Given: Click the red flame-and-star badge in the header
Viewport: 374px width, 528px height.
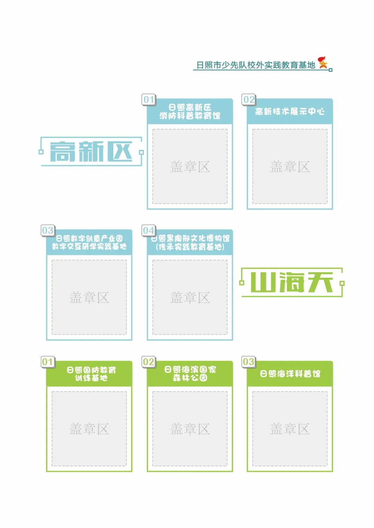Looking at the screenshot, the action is pyautogui.click(x=323, y=62).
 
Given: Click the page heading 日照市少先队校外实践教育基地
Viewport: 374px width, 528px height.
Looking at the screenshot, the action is pyautogui.click(x=256, y=65).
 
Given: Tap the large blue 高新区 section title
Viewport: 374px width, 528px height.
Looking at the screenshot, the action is pyautogui.click(x=91, y=151).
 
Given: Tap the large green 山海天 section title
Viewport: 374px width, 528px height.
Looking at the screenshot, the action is pyautogui.click(x=292, y=282).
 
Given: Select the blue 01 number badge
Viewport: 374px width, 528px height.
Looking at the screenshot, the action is pyautogui.click(x=149, y=99).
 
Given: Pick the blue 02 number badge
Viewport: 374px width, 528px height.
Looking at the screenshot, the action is pyautogui.click(x=249, y=99).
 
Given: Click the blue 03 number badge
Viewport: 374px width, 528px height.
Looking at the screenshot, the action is pyautogui.click(x=48, y=230).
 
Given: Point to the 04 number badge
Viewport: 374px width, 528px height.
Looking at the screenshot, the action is pyautogui.click(x=149, y=230).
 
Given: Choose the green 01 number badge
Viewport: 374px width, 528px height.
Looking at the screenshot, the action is pyautogui.click(x=48, y=362).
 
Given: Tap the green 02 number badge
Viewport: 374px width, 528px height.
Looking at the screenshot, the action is pyautogui.click(x=149, y=362).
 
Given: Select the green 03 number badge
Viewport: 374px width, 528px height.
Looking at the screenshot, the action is pyautogui.click(x=249, y=362).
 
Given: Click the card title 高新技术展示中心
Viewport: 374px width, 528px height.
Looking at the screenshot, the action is pyautogui.click(x=290, y=111).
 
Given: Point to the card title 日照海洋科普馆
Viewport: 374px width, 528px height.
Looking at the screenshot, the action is pyautogui.click(x=290, y=374).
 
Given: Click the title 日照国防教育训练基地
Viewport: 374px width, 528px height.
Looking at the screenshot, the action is pyautogui.click(x=91, y=374).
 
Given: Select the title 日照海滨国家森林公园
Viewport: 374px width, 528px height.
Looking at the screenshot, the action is pyautogui.click(x=190, y=374).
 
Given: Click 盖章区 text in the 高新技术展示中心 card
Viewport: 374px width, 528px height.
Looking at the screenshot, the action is pyautogui.click(x=290, y=167).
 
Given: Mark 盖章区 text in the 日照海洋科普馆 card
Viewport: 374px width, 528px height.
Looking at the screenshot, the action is pyautogui.click(x=290, y=429).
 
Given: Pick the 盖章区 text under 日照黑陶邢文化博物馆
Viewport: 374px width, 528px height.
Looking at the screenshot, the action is pyautogui.click(x=190, y=297).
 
